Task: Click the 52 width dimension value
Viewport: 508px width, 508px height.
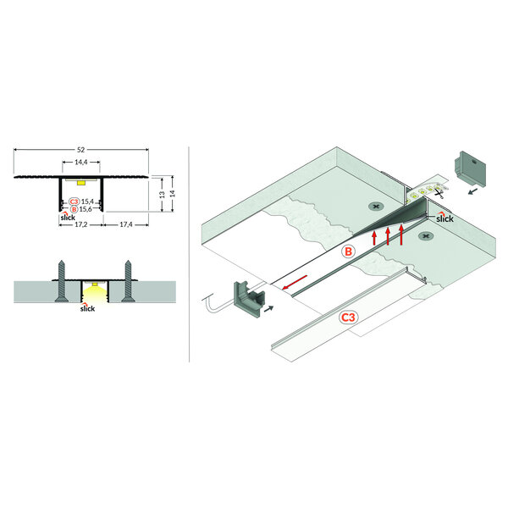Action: [80, 150]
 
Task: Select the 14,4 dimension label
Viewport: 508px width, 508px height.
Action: [81, 162]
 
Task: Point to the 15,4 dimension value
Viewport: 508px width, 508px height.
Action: [87, 202]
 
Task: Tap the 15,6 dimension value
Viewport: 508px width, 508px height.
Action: [86, 209]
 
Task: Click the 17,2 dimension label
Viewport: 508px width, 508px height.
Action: [81, 224]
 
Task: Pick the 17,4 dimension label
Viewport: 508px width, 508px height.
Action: [126, 224]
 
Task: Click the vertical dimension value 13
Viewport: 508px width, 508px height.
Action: [163, 195]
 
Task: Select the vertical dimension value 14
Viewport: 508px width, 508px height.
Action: [173, 194]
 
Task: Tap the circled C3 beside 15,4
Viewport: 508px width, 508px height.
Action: [75, 202]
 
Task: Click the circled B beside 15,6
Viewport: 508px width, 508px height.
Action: [75, 209]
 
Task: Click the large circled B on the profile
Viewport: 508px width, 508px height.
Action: [348, 251]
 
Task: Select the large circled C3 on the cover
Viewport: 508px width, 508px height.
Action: [348, 317]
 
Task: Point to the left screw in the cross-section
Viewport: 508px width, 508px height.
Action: [62, 280]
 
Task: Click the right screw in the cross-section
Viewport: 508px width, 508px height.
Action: [129, 280]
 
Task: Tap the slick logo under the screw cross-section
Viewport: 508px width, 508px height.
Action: [87, 308]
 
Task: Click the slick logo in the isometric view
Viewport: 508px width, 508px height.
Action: [444, 218]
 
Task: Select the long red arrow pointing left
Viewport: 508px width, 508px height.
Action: [294, 282]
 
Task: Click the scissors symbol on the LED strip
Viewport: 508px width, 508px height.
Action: [439, 194]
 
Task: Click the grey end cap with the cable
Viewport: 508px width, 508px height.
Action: [249, 299]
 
